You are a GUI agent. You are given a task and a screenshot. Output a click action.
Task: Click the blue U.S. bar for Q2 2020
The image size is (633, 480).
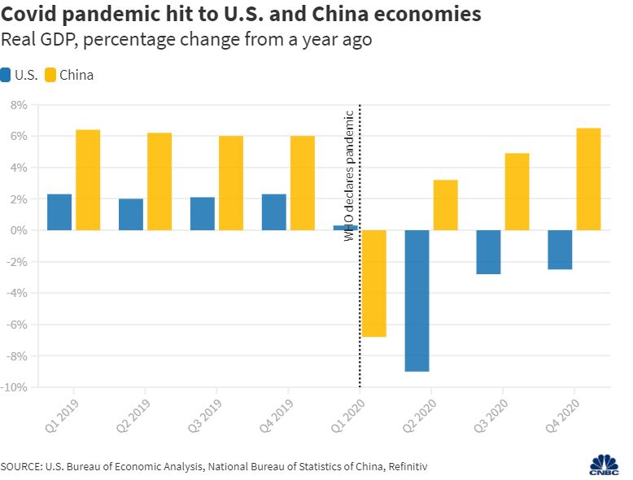[417, 300]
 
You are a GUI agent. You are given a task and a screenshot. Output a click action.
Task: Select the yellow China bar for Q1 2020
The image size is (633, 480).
[373, 283]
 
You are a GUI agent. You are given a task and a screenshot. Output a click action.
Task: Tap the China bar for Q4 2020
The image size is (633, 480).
[588, 179]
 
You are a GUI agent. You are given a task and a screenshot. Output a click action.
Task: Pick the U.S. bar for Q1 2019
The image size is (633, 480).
[59, 212]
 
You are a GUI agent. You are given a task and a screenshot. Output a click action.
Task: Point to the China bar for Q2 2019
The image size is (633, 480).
[159, 181]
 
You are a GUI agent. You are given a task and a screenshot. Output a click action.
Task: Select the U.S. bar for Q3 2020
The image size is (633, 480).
[488, 252]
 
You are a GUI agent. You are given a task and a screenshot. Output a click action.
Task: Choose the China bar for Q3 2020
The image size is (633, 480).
[517, 191]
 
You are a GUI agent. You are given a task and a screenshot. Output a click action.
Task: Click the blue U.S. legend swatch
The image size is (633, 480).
[7, 75]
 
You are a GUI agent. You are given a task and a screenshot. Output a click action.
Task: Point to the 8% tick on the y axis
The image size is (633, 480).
[18, 105]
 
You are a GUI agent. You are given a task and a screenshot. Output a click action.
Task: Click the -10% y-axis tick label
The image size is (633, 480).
[15, 387]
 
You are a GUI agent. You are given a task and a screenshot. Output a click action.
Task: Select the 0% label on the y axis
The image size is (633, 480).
[18, 230]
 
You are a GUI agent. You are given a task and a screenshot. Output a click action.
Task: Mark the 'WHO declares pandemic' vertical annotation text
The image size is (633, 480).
[351, 175]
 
